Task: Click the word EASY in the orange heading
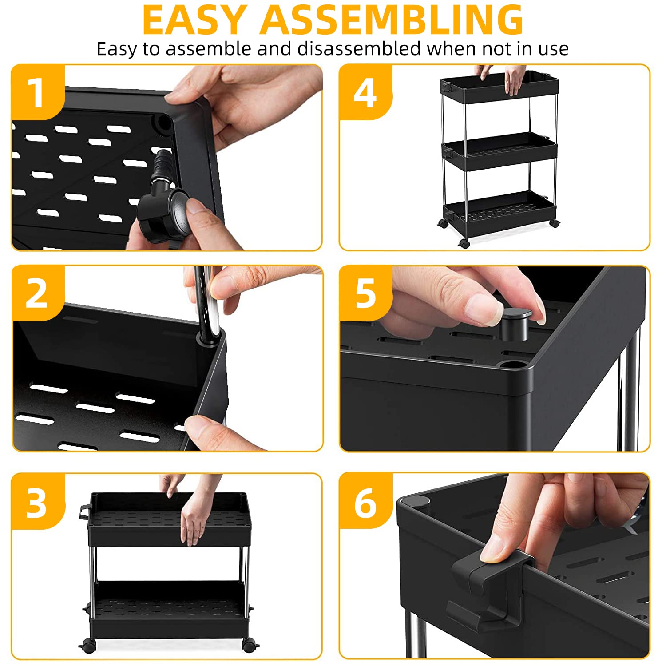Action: (194, 20)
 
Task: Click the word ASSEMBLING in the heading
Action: (392, 20)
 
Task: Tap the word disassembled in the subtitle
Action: (359, 48)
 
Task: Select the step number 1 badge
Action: (37, 92)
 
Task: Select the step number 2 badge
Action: (37, 293)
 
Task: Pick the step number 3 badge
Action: (37, 502)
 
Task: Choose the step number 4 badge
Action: (365, 92)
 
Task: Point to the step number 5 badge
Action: (365, 293)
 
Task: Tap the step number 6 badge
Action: (365, 502)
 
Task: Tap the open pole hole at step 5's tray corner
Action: (515, 365)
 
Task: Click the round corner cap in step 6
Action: (415, 502)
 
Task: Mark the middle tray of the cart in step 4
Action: (499, 151)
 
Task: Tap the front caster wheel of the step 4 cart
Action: (464, 243)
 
